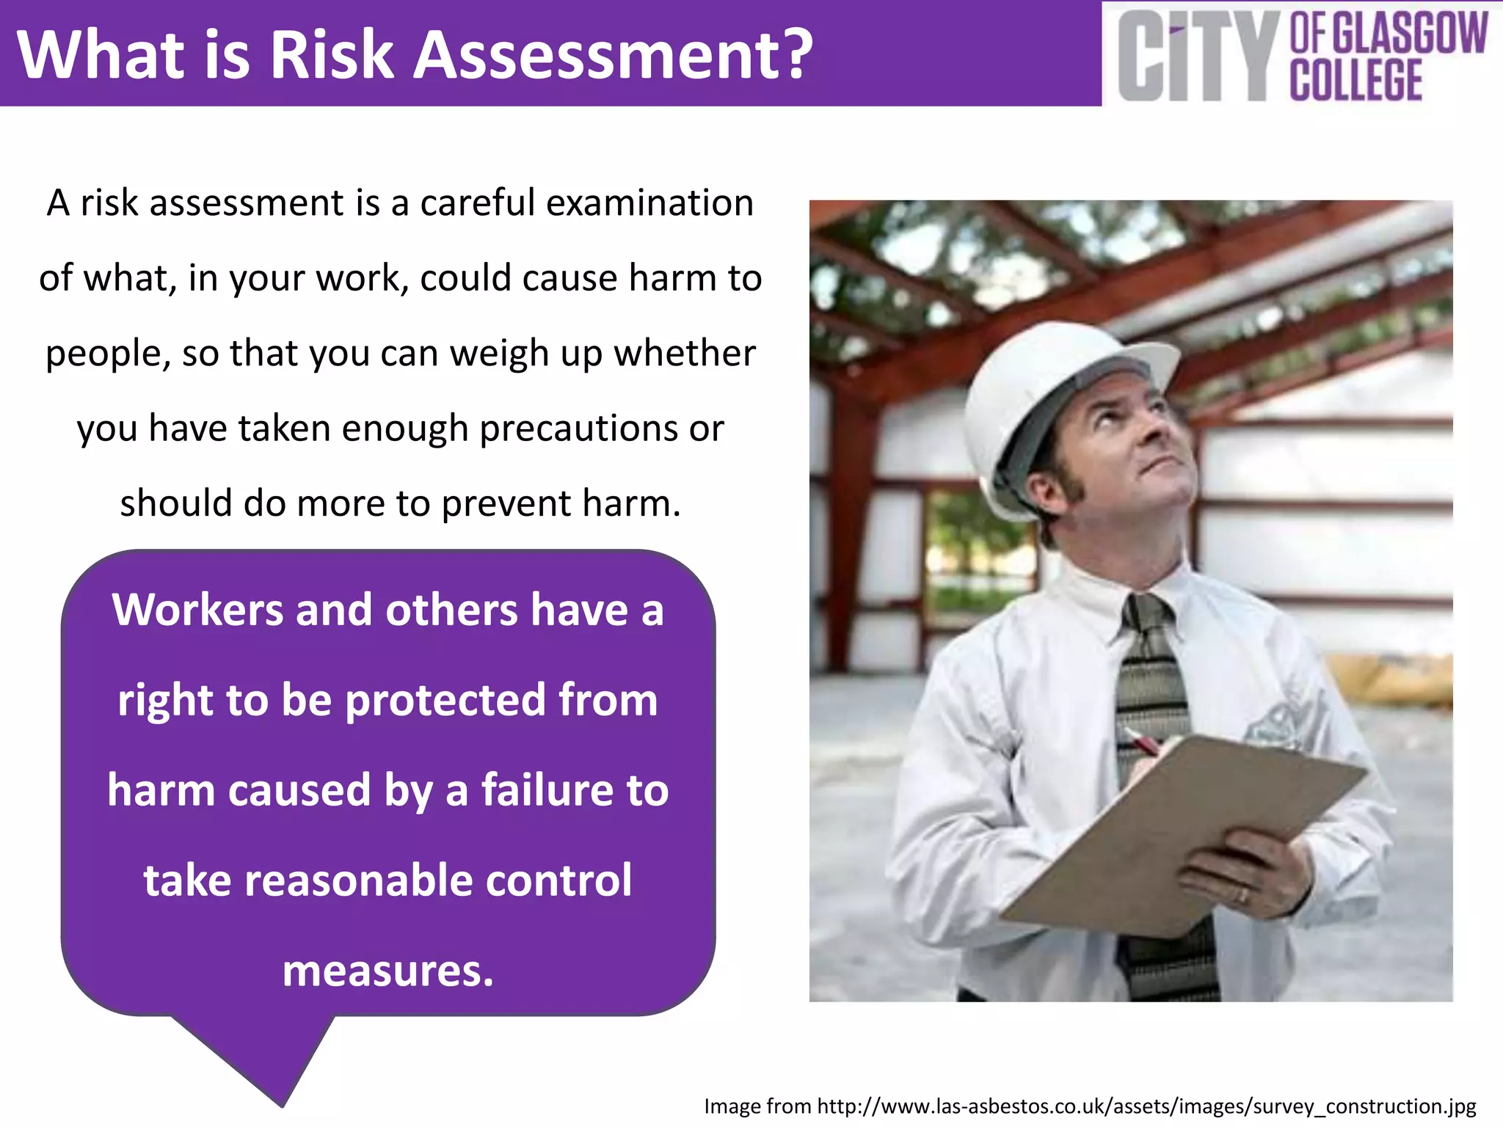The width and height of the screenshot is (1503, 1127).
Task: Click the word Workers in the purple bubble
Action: click(197, 610)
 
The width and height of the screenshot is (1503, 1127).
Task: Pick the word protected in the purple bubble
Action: click(445, 699)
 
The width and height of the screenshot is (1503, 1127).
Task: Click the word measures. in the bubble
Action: click(388, 970)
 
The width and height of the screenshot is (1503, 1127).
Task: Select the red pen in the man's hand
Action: click(1141, 742)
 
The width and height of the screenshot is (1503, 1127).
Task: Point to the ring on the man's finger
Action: click(1242, 896)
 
